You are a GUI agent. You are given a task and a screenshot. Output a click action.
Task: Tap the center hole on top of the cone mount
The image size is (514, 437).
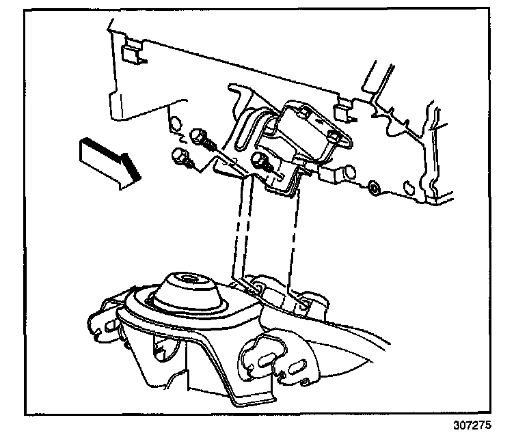click(185, 278)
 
